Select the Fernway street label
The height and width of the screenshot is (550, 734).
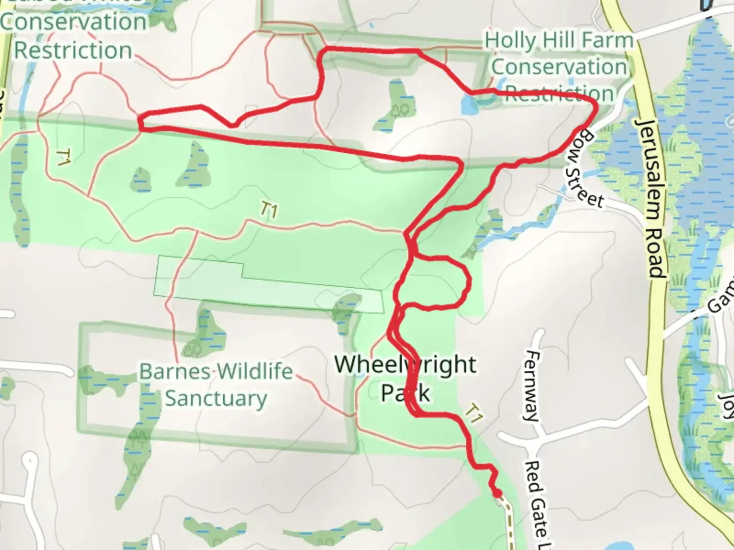[532, 386]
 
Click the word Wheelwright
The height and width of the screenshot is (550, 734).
[405, 365]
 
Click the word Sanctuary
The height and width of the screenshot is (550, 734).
[216, 399]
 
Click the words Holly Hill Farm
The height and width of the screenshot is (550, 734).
[559, 40]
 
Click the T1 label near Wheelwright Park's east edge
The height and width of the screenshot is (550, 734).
[474, 413]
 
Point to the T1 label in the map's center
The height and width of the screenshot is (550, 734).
[268, 209]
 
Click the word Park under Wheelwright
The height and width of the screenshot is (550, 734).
[405, 393]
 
